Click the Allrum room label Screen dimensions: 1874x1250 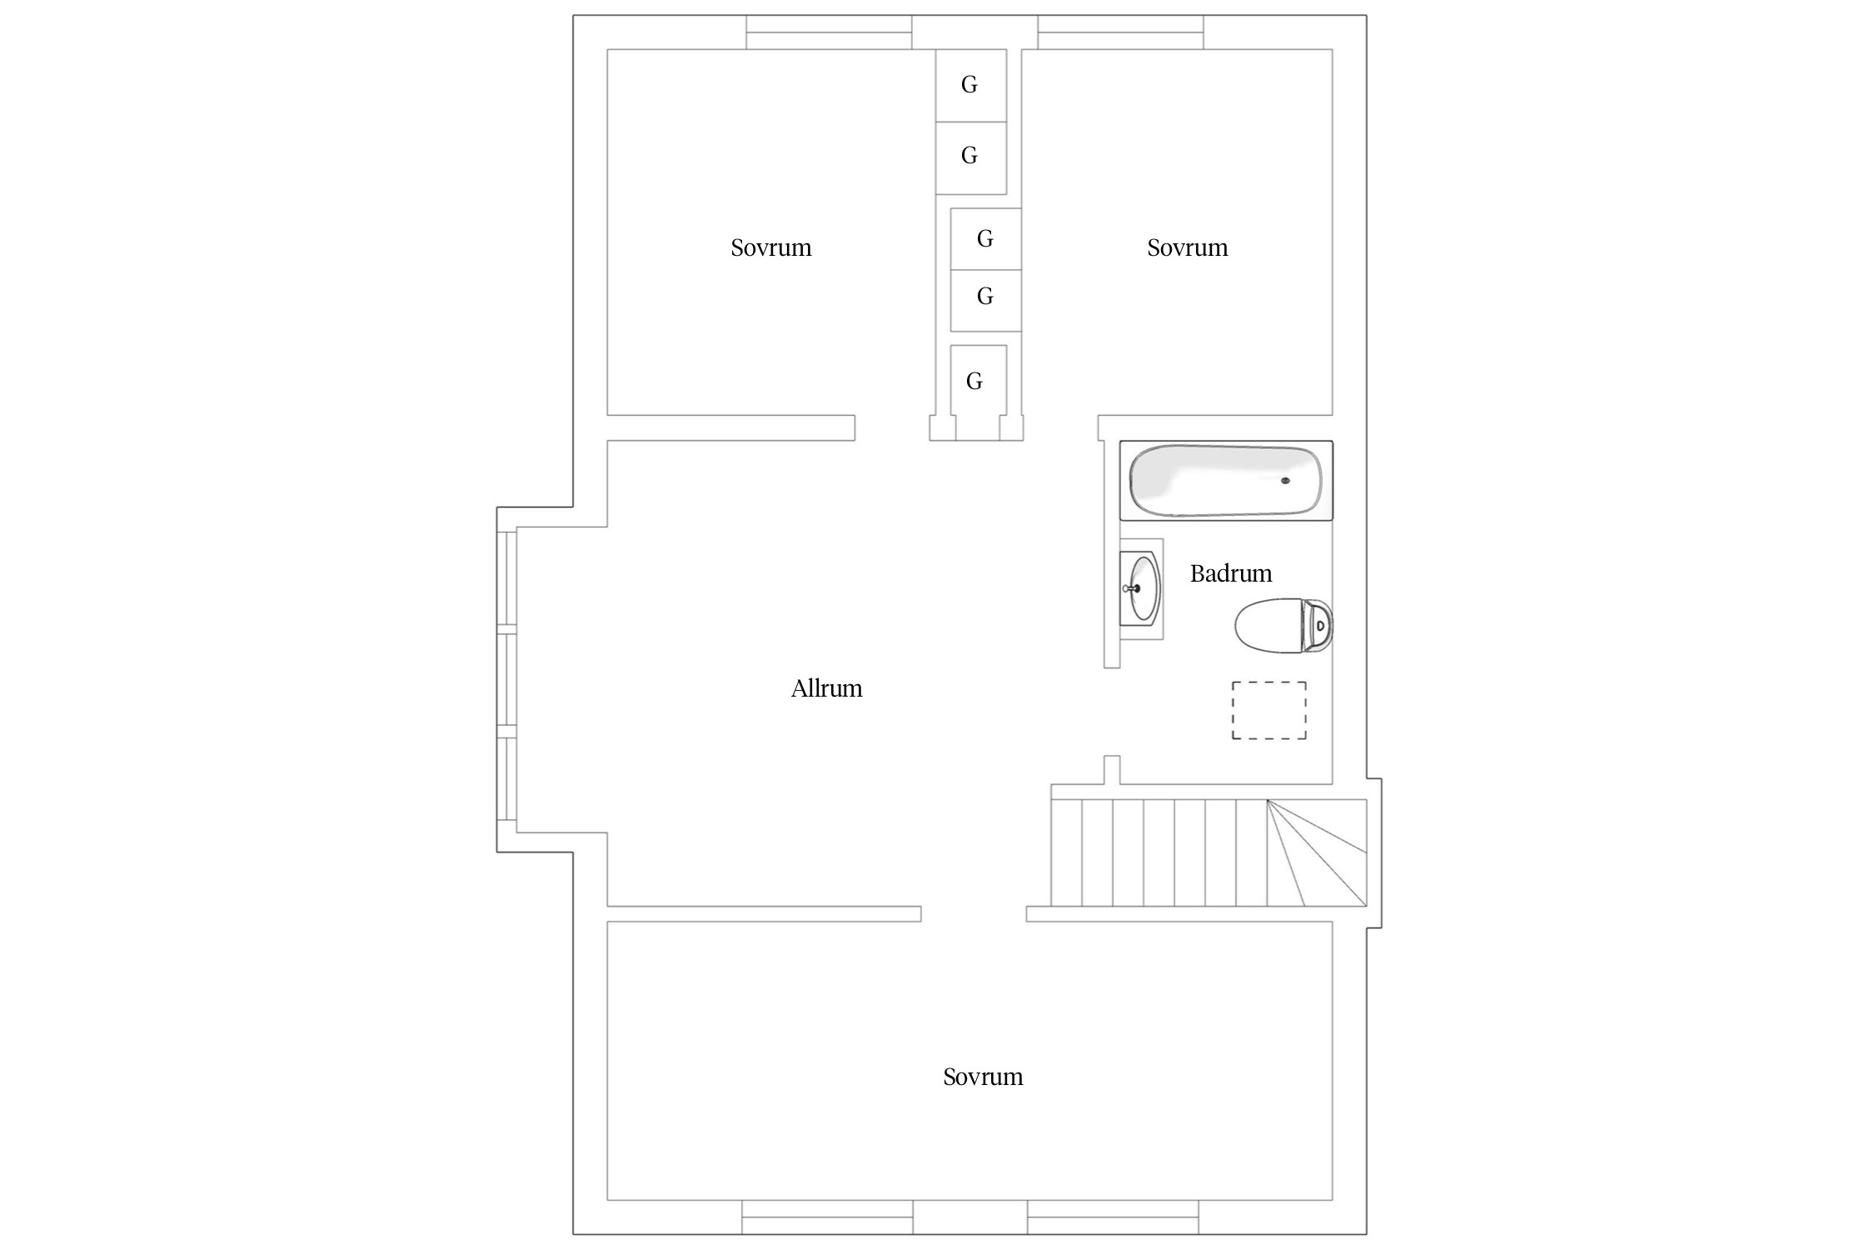[x=826, y=688]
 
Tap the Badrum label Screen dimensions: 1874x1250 [x=1230, y=573]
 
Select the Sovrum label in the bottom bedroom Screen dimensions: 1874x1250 [x=983, y=1077]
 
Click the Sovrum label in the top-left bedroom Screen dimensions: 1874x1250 [x=770, y=247]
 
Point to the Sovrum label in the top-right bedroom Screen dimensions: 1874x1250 [x=1187, y=247]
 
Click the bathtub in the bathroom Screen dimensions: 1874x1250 [x=1226, y=481]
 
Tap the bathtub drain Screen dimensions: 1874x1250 [x=1285, y=481]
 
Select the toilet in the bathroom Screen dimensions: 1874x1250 [x=1283, y=625]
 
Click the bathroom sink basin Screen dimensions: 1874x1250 [x=1143, y=588]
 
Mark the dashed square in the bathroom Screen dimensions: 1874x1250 [x=1269, y=710]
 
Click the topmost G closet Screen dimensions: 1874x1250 [x=970, y=85]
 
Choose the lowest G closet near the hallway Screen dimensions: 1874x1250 [x=978, y=380]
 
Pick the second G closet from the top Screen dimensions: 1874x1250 [x=970, y=157]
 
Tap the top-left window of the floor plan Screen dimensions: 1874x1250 [x=829, y=32]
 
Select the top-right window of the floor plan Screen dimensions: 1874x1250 [x=1120, y=32]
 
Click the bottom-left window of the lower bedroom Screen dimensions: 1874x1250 [x=827, y=1217]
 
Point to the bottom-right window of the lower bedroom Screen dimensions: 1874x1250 [x=1113, y=1217]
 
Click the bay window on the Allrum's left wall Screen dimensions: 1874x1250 [x=507, y=679]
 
